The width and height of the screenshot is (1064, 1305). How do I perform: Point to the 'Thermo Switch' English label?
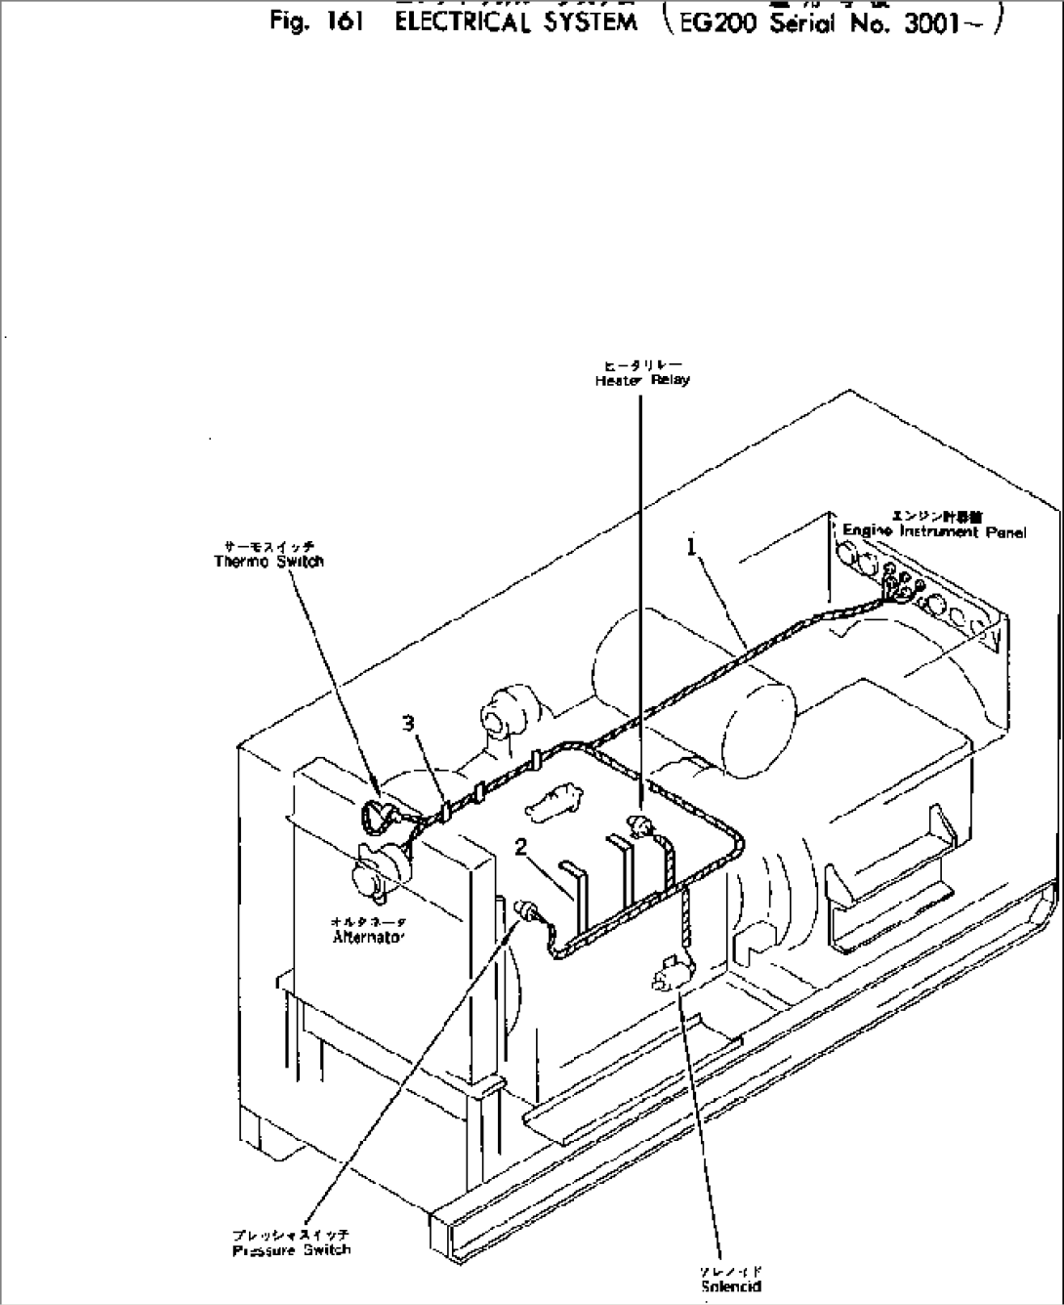268,562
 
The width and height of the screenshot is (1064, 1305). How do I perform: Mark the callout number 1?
692,548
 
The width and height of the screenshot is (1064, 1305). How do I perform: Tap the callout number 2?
523,847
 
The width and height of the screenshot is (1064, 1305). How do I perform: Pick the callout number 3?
409,723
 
